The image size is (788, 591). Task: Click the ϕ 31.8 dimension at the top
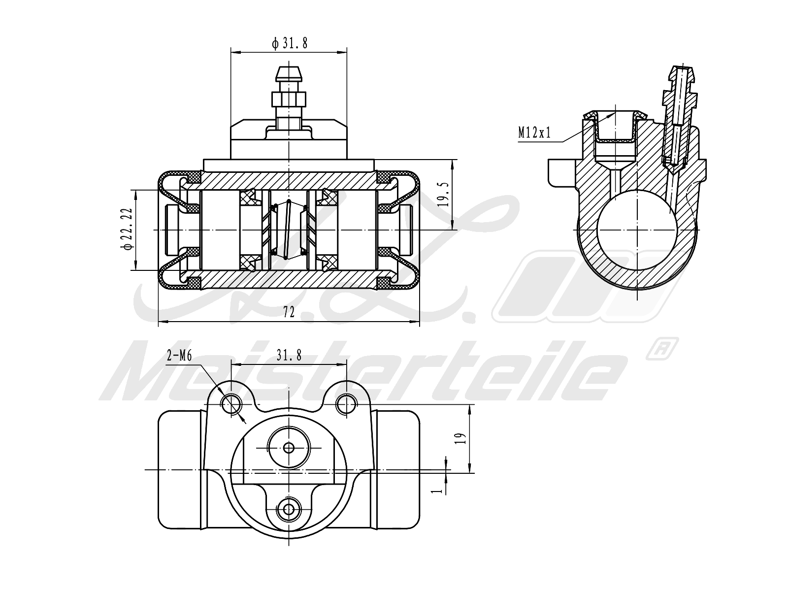click(290, 44)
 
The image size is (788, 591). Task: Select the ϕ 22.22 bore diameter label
click(127, 230)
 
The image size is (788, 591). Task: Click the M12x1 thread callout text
click(534, 132)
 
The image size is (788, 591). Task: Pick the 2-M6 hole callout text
click(179, 357)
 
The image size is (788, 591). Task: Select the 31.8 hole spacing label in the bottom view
click(289, 355)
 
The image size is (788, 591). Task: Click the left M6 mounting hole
click(231, 405)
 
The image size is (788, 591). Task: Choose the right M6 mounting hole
click(346, 405)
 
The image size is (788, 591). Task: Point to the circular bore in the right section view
click(637, 230)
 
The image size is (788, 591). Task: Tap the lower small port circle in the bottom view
click(289, 508)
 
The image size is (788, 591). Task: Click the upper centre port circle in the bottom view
click(289, 447)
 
